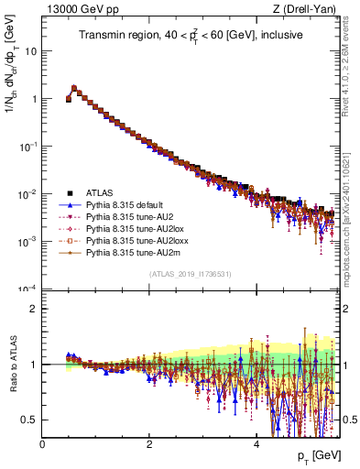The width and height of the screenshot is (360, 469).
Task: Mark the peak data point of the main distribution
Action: [x=74, y=89]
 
